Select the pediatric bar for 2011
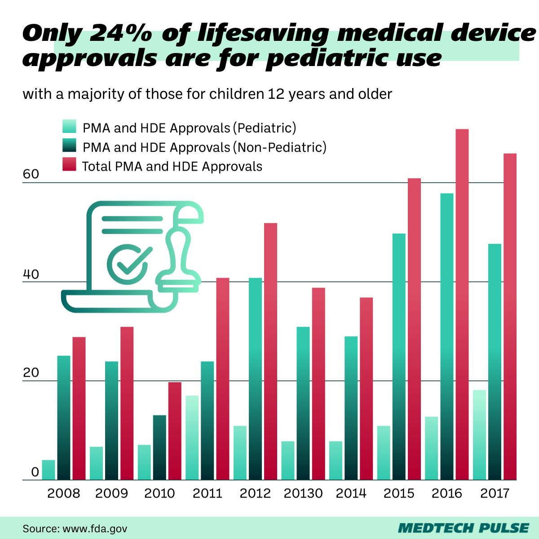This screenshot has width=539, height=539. [192, 438]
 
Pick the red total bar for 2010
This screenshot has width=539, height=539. [175, 431]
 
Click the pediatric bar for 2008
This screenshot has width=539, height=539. [49, 470]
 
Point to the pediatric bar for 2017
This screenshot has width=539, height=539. [479, 435]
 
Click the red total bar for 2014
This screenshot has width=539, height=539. [366, 389]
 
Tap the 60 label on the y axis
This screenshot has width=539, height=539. [31, 175]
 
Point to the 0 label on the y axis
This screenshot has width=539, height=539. [35, 472]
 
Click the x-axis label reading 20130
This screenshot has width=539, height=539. [303, 494]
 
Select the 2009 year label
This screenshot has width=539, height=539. [111, 494]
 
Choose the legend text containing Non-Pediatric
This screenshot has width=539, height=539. [204, 147]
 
